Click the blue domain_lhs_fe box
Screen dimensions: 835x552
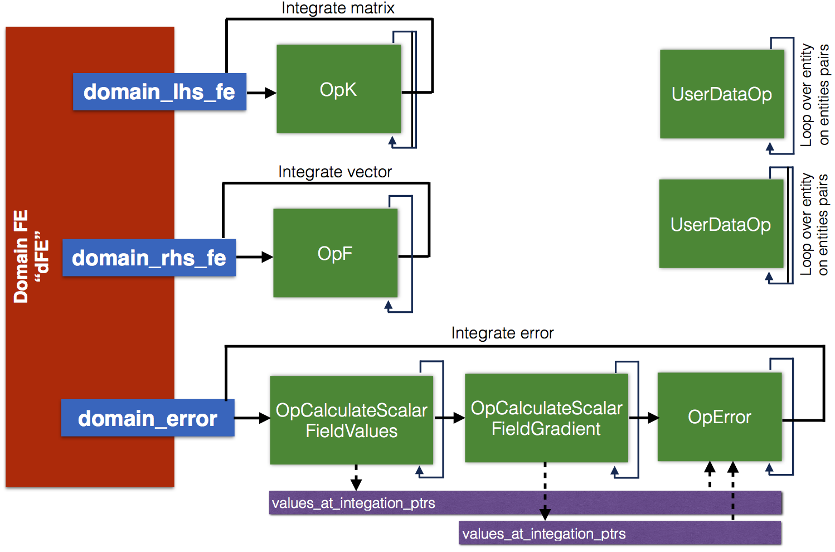coord(159,92)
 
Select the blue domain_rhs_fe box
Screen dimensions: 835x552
coord(149,258)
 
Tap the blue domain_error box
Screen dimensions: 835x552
coord(148,418)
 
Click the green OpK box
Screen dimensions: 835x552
coord(338,89)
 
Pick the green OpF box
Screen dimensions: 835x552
coord(335,253)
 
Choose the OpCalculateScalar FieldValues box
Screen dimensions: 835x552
coord(352,420)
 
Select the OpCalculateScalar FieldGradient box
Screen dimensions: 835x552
coord(546,418)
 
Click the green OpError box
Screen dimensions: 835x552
coord(720,417)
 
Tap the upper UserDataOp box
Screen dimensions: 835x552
coord(722,94)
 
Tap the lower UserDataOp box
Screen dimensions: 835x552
coord(721,224)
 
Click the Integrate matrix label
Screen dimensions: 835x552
coord(338,8)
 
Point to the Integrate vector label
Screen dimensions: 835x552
coord(335,172)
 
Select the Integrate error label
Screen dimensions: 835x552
coord(502,333)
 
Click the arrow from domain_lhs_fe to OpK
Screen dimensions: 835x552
coord(261,93)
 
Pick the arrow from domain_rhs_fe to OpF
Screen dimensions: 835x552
coord(255,257)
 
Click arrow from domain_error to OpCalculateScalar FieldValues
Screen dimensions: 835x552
coord(253,418)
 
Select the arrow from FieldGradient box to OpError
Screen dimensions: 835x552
coord(644,418)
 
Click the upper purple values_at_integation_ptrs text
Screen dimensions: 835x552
coord(353,503)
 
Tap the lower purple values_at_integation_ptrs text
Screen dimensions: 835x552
coord(544,534)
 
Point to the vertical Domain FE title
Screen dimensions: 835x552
coord(31,256)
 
